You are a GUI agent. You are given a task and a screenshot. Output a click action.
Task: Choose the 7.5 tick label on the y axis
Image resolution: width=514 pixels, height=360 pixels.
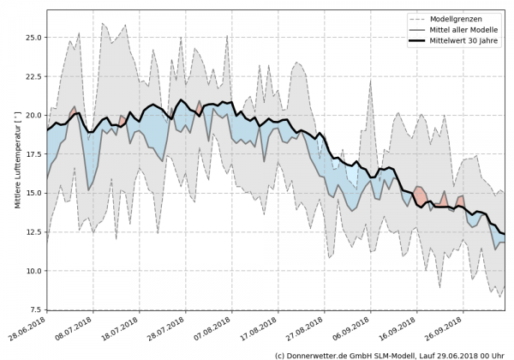coord(33,309)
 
